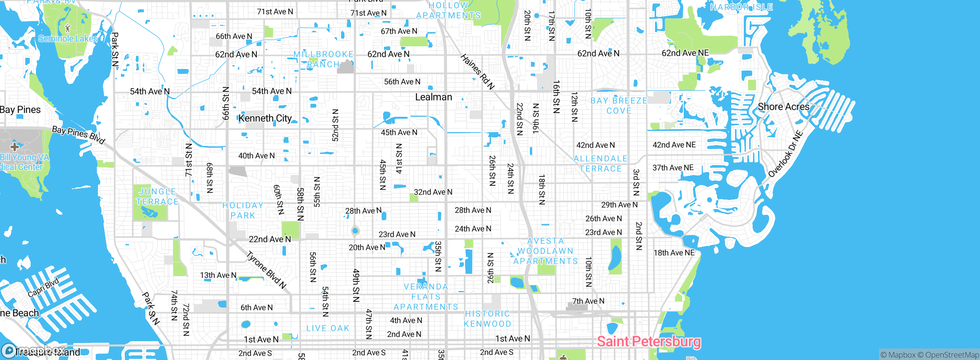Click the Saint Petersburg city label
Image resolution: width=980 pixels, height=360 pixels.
[x=649, y=341]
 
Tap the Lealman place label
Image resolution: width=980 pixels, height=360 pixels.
[x=433, y=97]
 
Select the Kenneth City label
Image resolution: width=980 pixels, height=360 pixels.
[x=265, y=118]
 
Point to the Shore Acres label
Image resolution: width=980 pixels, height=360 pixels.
[x=784, y=107]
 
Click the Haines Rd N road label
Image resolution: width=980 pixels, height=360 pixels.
[x=477, y=72]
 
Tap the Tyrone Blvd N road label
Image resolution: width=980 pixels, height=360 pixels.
[x=266, y=270]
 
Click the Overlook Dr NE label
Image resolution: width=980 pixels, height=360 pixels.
[x=785, y=154]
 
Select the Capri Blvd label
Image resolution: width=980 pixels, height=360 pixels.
[x=43, y=287]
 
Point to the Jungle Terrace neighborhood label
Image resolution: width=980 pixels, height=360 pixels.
[x=157, y=196]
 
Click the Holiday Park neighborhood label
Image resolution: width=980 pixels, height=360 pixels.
[x=243, y=210]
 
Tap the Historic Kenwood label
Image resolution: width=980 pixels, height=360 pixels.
[x=487, y=319]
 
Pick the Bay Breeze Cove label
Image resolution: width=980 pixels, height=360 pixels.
[x=619, y=106]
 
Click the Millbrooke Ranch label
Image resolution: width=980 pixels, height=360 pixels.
[x=323, y=59]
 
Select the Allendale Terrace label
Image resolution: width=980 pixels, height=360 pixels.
[x=600, y=164]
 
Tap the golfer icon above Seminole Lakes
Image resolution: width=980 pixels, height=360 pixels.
[x=68, y=28]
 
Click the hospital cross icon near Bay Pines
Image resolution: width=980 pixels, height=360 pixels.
[x=15, y=147]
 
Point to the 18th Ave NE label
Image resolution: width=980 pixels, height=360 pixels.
[x=674, y=253]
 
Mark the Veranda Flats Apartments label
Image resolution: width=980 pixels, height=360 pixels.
[x=426, y=297]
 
